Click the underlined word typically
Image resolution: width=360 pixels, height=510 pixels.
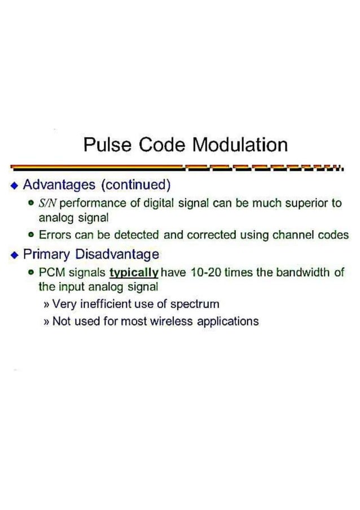coord(134,273)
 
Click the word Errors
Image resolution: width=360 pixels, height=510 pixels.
coord(54,235)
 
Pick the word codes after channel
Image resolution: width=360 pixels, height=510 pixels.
coord(335,235)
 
